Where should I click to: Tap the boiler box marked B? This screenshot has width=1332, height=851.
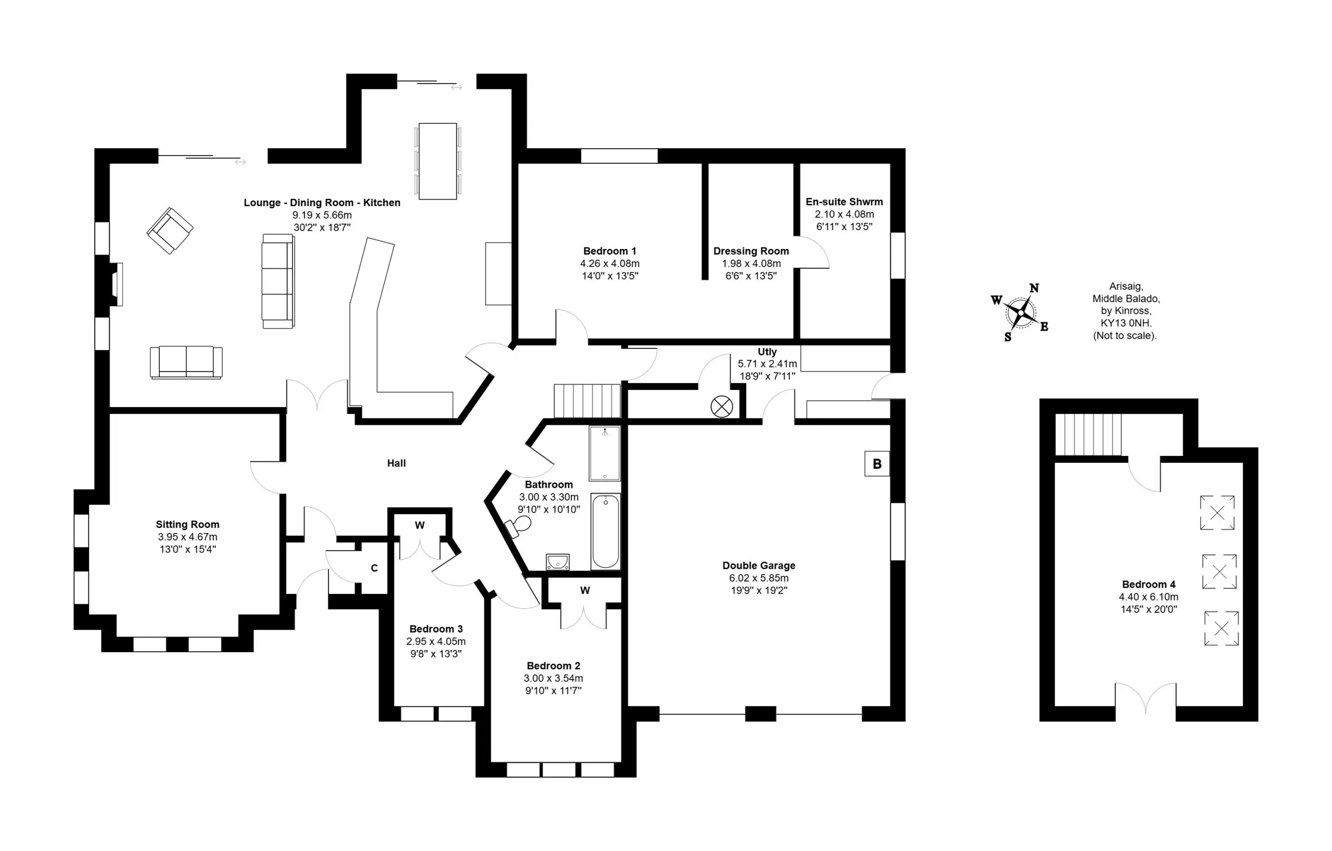[877, 464]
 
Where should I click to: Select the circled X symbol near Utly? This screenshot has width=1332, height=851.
[721, 407]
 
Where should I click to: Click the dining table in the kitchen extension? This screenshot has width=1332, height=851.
[438, 161]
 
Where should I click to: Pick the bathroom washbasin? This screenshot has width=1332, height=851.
[558, 562]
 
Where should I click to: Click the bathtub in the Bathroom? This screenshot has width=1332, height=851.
[606, 532]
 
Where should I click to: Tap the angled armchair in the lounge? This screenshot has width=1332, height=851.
[170, 230]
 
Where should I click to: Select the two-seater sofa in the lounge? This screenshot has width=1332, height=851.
[186, 362]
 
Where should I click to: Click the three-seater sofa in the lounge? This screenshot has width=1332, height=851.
[278, 281]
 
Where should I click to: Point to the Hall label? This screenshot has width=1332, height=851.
[396, 463]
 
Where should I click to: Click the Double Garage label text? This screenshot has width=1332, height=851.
[759, 565]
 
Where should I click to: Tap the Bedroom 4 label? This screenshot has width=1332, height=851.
[1149, 585]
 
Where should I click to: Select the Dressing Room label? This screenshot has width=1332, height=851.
[751, 251]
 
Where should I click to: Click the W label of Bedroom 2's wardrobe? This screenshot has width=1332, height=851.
[585, 590]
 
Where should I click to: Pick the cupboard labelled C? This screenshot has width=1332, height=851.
[374, 568]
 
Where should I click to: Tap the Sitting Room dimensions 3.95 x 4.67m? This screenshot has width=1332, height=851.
[187, 537]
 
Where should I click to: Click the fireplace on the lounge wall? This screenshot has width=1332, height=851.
[116, 284]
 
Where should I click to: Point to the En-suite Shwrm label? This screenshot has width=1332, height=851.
[844, 202]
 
